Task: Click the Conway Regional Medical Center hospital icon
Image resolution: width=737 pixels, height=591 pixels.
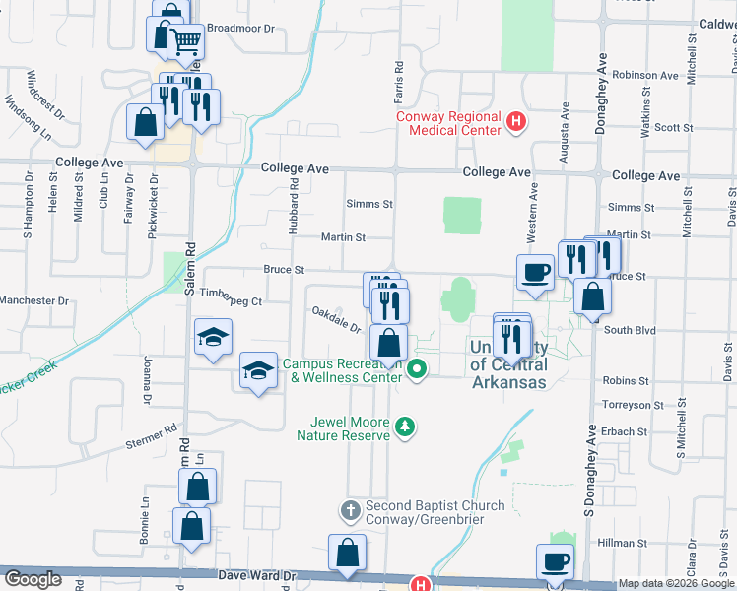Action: click(514, 123)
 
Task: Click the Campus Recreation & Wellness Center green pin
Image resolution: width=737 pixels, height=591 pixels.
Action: click(417, 370)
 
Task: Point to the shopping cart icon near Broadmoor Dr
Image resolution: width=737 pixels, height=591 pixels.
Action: click(186, 40)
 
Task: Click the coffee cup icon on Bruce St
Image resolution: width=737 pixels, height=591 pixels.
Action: click(535, 271)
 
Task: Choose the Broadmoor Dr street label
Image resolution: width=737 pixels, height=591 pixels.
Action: click(240, 29)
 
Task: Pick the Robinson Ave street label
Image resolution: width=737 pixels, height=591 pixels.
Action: click(645, 75)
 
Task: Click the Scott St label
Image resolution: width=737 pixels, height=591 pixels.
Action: click(674, 128)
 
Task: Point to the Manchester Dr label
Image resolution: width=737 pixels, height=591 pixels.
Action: click(35, 300)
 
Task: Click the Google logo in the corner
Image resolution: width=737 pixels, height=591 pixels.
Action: click(33, 580)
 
